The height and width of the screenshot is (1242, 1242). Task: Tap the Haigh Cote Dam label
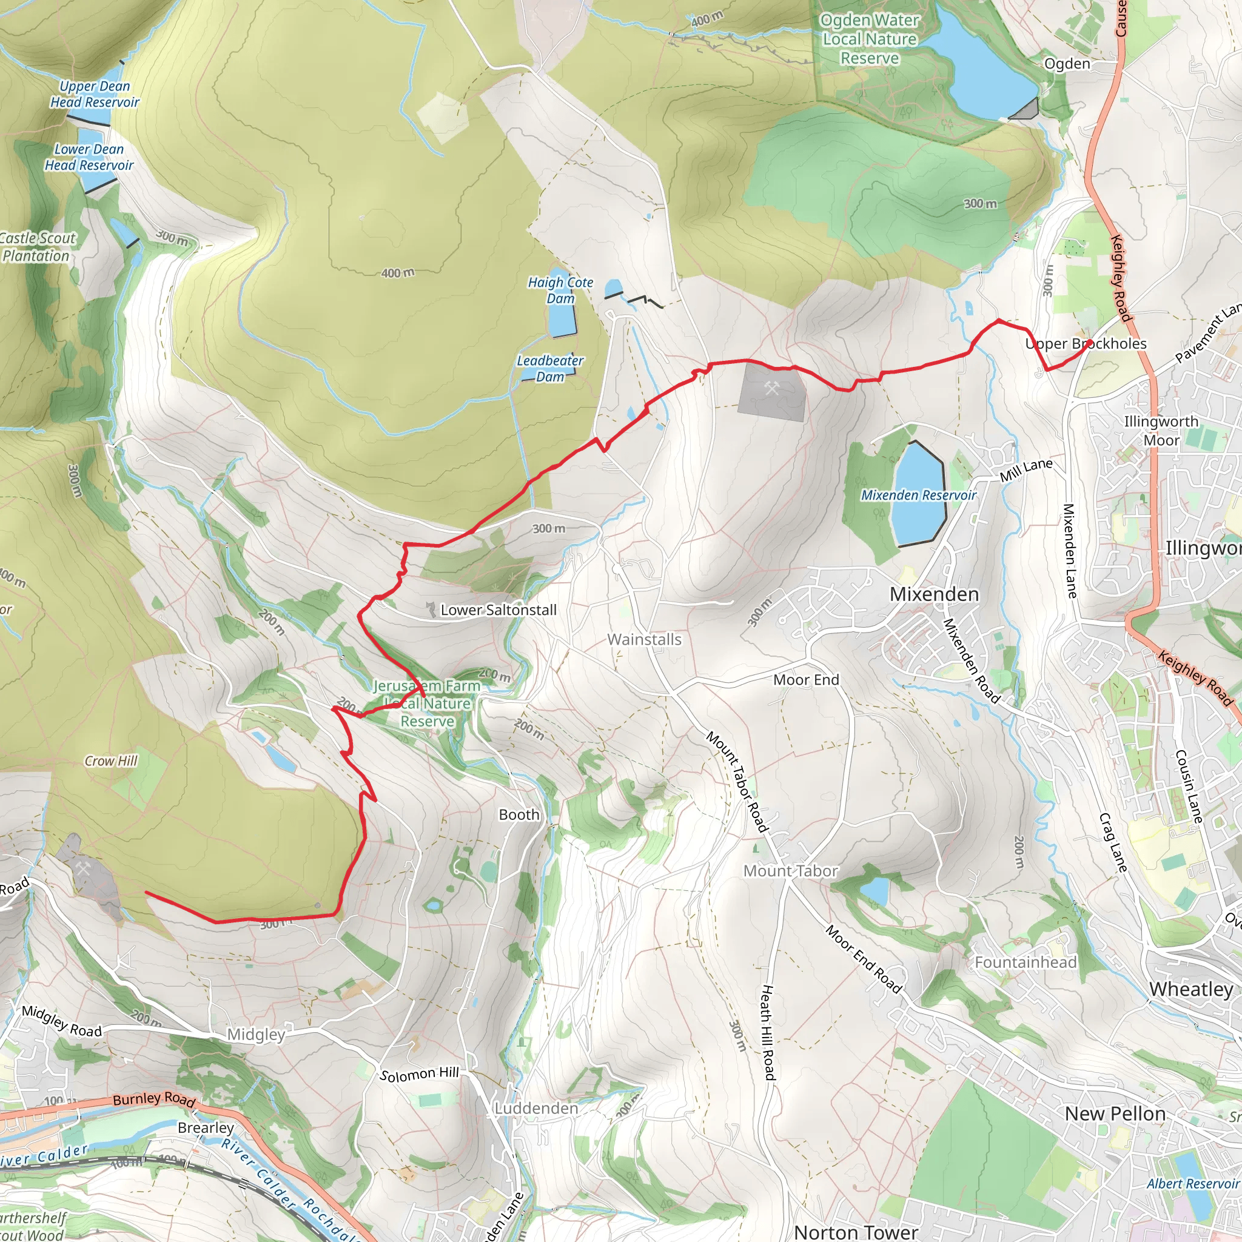click(x=560, y=290)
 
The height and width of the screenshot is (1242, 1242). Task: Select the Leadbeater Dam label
click(x=549, y=368)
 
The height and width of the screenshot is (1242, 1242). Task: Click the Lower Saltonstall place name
click(x=498, y=609)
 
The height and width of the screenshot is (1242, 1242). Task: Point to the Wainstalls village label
click(x=644, y=639)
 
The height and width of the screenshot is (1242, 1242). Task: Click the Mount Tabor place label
click(x=790, y=870)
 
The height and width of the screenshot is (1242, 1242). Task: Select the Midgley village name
click(x=256, y=1035)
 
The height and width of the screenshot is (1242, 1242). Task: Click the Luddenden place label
click(x=536, y=1109)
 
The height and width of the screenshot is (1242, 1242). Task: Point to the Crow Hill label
click(x=111, y=760)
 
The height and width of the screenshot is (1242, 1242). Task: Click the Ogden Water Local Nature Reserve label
click(x=869, y=39)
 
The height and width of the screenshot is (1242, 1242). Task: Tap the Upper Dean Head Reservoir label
click(x=95, y=94)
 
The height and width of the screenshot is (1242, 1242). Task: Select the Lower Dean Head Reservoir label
click(x=89, y=157)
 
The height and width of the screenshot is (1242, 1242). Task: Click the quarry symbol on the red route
click(x=771, y=388)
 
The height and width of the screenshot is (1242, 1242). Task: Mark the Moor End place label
click(x=806, y=679)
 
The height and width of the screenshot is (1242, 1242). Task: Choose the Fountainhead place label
click(x=1025, y=962)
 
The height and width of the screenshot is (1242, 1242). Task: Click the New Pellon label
click(x=1115, y=1113)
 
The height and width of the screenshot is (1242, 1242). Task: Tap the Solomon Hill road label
click(x=419, y=1073)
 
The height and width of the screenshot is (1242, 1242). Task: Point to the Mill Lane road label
click(x=1026, y=469)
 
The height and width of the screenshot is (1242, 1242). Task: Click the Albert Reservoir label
click(x=1192, y=1184)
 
